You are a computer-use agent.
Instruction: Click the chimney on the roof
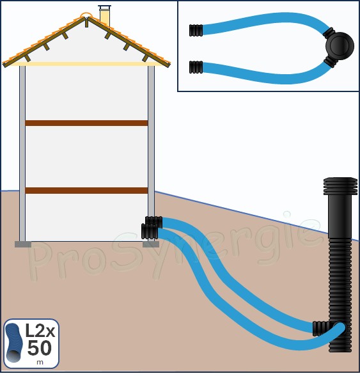point(105,15)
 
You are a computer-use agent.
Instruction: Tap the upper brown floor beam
point(86,123)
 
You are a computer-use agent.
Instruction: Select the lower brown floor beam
point(86,191)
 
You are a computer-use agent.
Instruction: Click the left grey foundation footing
point(23,244)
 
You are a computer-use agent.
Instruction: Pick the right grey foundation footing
point(151,244)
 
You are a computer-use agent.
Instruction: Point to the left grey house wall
point(22,153)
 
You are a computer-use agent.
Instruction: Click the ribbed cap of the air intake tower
point(340,186)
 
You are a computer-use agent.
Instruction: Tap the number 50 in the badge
point(40,348)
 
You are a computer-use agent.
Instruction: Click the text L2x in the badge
point(40,331)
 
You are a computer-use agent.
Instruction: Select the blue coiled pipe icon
point(14,343)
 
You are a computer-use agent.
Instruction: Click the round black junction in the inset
point(340,46)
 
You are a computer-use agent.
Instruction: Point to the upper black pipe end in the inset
point(196,30)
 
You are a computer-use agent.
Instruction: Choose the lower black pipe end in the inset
point(196,67)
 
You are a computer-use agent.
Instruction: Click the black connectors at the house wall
point(152,228)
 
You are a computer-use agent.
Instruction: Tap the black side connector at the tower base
point(322,329)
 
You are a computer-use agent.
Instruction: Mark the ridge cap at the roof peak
point(86,15)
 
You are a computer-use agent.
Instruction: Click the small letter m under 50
point(40,362)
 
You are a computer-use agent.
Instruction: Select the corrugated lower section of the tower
point(340,295)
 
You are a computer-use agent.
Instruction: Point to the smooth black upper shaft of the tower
point(340,217)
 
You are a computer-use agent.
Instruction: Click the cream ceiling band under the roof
point(86,64)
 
